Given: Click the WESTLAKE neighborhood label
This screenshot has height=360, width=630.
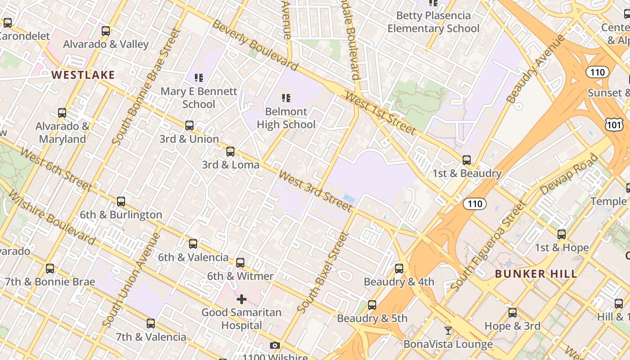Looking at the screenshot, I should click(x=83, y=75).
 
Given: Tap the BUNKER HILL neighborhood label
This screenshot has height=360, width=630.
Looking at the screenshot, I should click(x=536, y=274).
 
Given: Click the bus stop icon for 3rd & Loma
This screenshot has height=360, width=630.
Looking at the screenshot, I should click(x=230, y=152).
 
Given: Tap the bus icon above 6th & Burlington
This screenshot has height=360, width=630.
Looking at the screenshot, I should click(x=121, y=202).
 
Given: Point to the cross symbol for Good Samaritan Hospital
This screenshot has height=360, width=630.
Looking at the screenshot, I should click(x=242, y=299).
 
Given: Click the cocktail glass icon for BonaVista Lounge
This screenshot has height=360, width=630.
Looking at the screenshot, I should click(x=448, y=331).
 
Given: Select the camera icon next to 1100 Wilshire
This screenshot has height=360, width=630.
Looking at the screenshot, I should click(x=274, y=346).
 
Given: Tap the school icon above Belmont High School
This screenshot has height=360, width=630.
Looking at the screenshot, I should click(x=286, y=98).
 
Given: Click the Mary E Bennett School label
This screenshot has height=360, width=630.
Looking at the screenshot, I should click(x=199, y=98).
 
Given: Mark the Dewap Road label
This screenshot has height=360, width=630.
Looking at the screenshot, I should click(x=569, y=175).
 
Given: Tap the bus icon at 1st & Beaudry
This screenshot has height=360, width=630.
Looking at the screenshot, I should click(x=467, y=160).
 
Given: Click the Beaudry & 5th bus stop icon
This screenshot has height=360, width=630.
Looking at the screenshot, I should click(x=372, y=305).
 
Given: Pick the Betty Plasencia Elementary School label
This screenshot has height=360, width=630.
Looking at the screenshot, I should click(x=433, y=22).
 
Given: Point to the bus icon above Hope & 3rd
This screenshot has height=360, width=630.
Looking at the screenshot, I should click(x=513, y=313).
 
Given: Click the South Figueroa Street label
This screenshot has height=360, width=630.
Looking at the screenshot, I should click(x=488, y=247).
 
